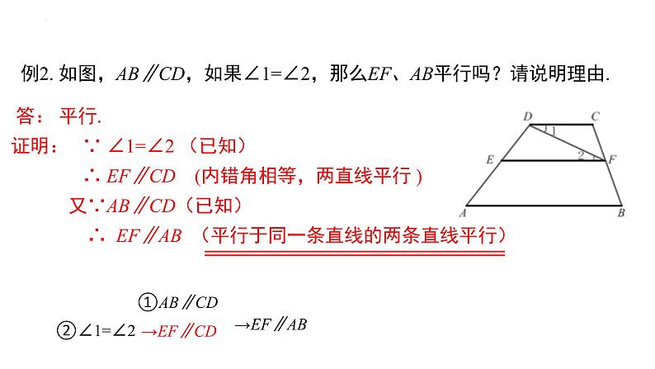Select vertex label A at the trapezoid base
pos(464,212)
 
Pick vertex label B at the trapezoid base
pos(620,212)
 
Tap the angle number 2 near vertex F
pos(581,154)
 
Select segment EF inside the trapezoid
pos(544,161)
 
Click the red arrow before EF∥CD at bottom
pos(149,332)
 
